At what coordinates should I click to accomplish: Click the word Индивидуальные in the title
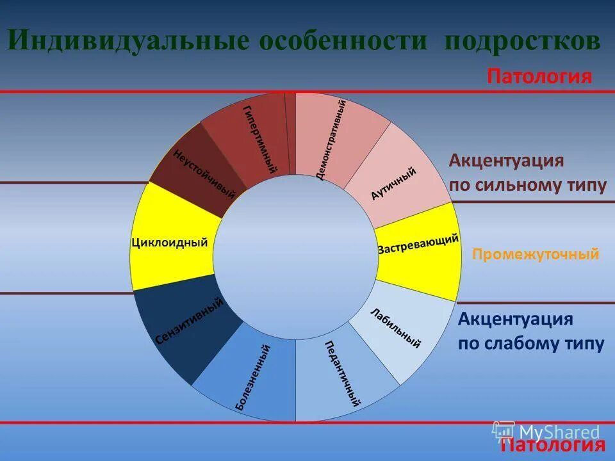tap(127, 42)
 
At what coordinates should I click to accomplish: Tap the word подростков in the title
tap(522, 42)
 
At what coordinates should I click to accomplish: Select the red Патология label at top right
tap(539, 77)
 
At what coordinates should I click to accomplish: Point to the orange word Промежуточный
tap(536, 254)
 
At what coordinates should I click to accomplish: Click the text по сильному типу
tap(527, 186)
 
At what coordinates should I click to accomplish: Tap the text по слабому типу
tap(531, 344)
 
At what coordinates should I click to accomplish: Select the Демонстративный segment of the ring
tap(333, 138)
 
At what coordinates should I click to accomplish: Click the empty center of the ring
tap(295, 256)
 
